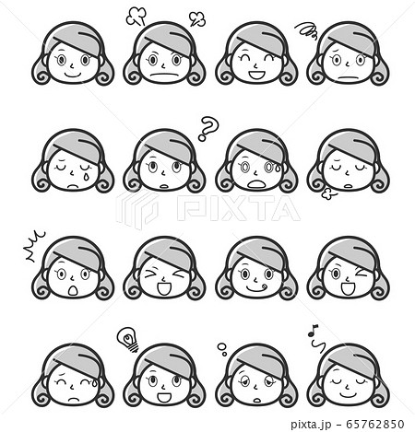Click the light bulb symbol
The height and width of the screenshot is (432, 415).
127,340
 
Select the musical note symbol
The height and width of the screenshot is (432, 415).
315,338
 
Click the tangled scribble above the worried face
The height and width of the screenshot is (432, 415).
306,30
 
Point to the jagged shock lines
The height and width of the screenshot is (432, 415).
35,247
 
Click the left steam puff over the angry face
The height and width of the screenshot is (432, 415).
136,17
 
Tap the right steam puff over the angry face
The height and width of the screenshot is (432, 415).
197,18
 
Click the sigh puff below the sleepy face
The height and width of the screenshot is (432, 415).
329,194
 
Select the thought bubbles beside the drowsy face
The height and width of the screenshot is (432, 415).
222,349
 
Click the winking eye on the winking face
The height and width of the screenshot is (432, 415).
361,273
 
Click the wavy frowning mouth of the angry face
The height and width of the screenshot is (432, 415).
164,76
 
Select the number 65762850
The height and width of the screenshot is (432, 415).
374,424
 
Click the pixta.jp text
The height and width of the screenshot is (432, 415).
311,425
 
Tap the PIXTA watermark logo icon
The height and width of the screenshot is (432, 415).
136,209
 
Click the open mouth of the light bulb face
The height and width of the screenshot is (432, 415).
164,398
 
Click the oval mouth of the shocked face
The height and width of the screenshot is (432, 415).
73,290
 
